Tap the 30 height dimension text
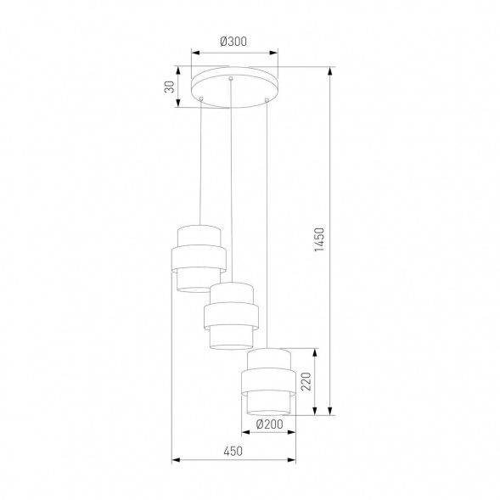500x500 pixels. pyautogui.click(x=170, y=87)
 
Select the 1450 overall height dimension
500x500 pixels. pyautogui.click(x=318, y=242)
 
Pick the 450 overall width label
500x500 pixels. pyautogui.click(x=233, y=452)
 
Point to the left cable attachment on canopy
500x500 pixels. pyautogui.click(x=200, y=100)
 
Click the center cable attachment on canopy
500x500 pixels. pyautogui.click(x=231, y=79)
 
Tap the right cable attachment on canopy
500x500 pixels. pyautogui.click(x=267, y=101)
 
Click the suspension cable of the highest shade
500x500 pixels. pyautogui.click(x=199, y=161)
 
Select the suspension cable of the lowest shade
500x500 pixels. pyautogui.click(x=267, y=221)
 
